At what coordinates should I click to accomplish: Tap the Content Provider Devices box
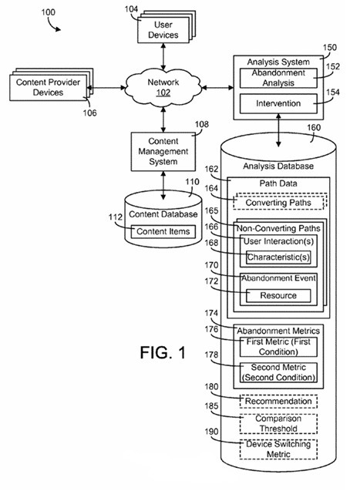click(x=48, y=88)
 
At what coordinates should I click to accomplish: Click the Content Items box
click(x=163, y=231)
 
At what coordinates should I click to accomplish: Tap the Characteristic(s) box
click(x=279, y=257)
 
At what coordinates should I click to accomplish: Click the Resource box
click(x=278, y=295)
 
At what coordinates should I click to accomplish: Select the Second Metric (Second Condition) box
click(x=278, y=373)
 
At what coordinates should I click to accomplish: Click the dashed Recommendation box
click(x=278, y=401)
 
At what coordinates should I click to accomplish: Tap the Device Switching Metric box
click(x=278, y=449)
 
